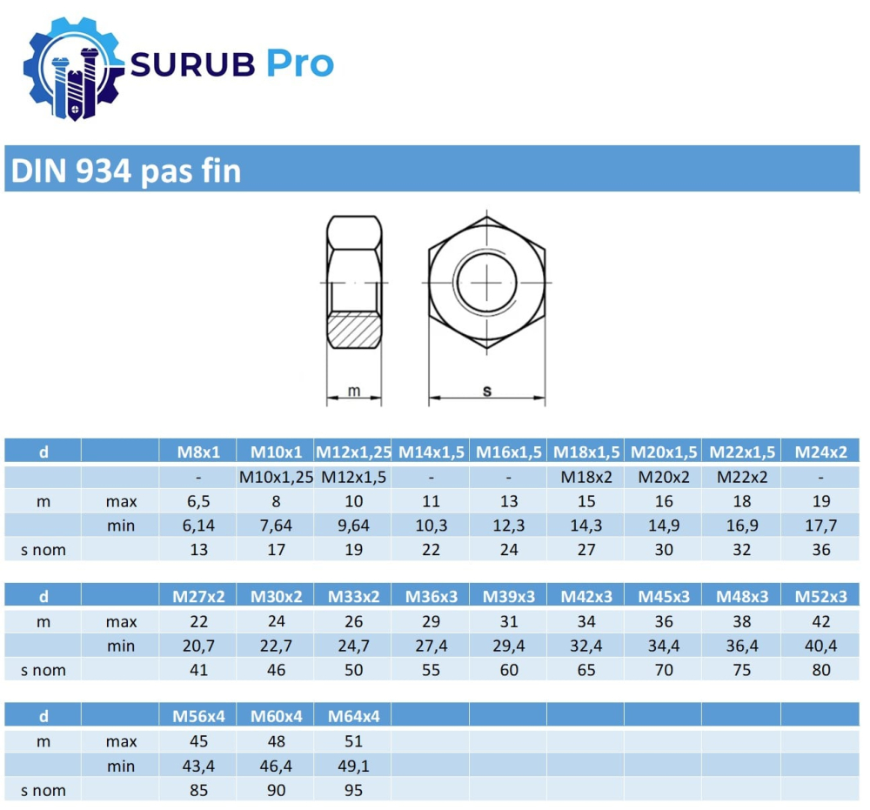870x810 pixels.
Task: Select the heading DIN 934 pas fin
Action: point(124,171)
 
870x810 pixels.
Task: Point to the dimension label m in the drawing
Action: point(353,391)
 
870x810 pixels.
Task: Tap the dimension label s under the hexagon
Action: point(486,391)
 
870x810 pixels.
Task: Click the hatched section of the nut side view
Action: point(353,331)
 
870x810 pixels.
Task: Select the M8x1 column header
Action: point(199,452)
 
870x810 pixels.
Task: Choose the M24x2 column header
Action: point(820,452)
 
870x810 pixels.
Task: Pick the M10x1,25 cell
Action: point(276,477)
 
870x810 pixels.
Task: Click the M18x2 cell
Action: point(587,477)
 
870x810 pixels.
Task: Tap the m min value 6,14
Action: point(199,525)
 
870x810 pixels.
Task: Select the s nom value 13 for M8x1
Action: point(199,550)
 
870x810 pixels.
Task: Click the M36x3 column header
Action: point(431,596)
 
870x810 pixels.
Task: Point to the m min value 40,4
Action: point(820,646)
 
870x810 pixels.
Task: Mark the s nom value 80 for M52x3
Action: point(820,670)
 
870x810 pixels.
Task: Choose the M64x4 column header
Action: point(353,716)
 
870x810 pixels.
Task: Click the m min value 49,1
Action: point(353,766)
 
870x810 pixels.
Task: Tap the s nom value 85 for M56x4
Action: point(199,791)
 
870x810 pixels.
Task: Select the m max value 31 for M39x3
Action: point(509,621)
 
